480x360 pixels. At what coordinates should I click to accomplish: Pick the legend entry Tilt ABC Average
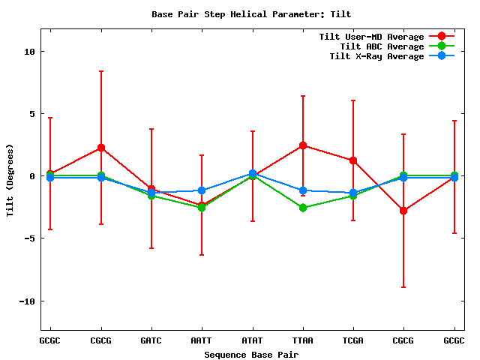coord(382,46)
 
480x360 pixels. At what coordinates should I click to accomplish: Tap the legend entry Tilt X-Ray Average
coord(376,56)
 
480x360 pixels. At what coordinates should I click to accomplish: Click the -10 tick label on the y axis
coord(26,301)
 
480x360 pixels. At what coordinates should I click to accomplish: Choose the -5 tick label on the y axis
coord(28,238)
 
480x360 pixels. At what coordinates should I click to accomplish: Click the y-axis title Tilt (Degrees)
coord(10,178)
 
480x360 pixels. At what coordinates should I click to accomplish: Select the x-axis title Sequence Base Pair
coord(251,354)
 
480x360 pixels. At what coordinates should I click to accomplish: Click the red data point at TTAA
coord(302,145)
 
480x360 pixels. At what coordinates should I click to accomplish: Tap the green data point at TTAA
coord(302,208)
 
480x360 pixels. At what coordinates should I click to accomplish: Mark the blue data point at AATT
coord(202,190)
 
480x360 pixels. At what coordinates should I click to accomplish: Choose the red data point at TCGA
coord(352,160)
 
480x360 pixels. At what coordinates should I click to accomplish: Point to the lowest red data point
coord(403,211)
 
